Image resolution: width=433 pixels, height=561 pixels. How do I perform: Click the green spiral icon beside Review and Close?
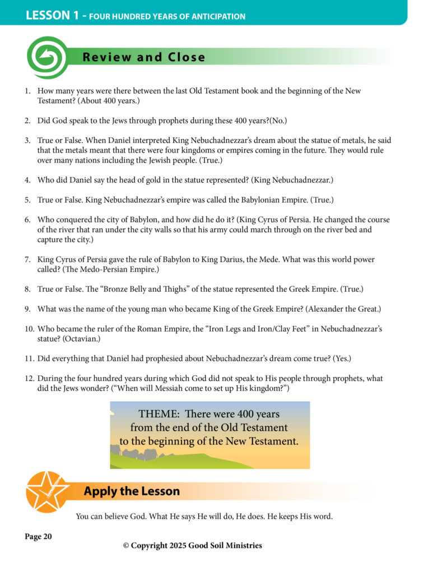click(47, 57)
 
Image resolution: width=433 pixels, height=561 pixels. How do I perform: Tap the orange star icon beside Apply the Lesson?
click(47, 491)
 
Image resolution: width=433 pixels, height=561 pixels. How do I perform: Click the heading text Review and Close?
click(144, 57)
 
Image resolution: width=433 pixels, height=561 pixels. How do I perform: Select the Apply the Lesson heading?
click(132, 491)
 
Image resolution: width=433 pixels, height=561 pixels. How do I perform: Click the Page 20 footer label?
click(39, 537)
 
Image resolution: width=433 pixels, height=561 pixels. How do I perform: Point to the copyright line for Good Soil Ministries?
click(193, 545)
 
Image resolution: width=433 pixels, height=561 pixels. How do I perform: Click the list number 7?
click(27, 260)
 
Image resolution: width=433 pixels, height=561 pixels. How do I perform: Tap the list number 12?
click(29, 379)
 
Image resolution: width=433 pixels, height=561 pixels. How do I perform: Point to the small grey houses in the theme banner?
click(134, 452)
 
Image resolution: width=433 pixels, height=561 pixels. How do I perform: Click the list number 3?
click(27, 142)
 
